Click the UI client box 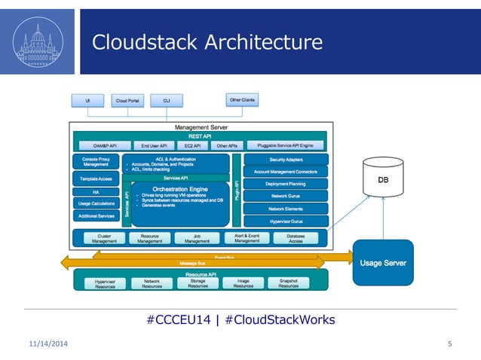pos(88,100)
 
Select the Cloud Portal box pos(125,100)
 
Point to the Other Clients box pos(240,99)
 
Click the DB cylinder pos(383,181)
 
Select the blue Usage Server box pos(383,263)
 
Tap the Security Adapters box pos(285,160)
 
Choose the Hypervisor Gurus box pos(285,221)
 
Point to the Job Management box pos(197,239)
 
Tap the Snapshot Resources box pos(288,283)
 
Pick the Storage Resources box pos(198,283)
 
